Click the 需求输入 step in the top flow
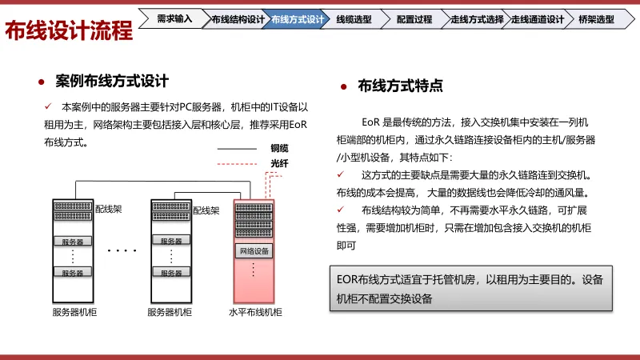point(174,18)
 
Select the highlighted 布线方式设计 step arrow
point(298,18)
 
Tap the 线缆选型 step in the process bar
point(353,18)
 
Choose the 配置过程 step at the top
point(414,18)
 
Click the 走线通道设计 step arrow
point(537,18)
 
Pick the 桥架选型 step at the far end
point(596,18)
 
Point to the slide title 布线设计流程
point(69,31)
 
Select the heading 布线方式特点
point(400,86)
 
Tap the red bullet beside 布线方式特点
point(343,86)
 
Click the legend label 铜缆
point(279,148)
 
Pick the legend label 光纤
point(279,163)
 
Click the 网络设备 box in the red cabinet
point(254,251)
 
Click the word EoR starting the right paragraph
point(370,122)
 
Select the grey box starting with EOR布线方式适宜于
point(471,289)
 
